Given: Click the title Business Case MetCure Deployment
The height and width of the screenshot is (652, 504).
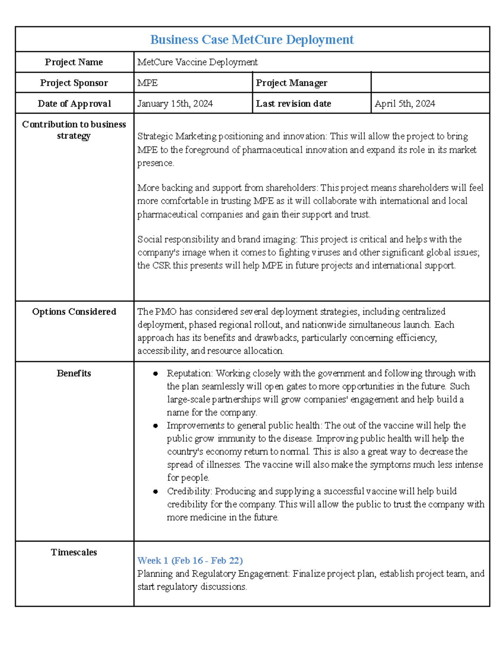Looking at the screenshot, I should coord(252,39).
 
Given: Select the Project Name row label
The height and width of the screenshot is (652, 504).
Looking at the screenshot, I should coord(74,62).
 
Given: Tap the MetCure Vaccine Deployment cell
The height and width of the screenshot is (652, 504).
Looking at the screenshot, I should coord(197,62).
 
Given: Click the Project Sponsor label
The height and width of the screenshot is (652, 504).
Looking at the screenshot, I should coord(74,83).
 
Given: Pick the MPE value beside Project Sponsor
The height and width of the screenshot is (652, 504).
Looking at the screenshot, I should coord(147,83).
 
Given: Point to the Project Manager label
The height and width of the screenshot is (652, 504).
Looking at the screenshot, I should coord(291,83).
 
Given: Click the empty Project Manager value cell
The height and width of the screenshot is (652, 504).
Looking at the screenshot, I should coord(430,83).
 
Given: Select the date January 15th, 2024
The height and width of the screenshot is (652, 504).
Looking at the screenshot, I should coord(175,103).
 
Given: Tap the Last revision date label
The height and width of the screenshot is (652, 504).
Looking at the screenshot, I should coord(294,103).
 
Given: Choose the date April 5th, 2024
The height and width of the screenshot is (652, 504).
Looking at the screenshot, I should coord(405,103).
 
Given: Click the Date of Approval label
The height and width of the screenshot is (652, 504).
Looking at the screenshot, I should coord(74,103).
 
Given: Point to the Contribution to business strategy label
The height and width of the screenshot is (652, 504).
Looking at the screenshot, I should coord(74,130).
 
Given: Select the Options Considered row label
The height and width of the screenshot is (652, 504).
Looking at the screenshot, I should coord(74,312).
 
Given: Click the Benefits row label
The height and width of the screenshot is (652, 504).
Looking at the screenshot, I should coord(74,373).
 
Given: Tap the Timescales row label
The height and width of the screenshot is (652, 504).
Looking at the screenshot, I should coord(74,552).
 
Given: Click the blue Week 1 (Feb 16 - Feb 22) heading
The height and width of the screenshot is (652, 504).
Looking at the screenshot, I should coord(190,560).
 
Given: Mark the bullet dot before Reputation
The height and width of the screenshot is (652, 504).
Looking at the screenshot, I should coord(155,374).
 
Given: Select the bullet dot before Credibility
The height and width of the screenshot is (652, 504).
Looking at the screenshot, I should coord(155,491).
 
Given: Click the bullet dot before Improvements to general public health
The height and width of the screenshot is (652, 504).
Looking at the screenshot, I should coord(155,426).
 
